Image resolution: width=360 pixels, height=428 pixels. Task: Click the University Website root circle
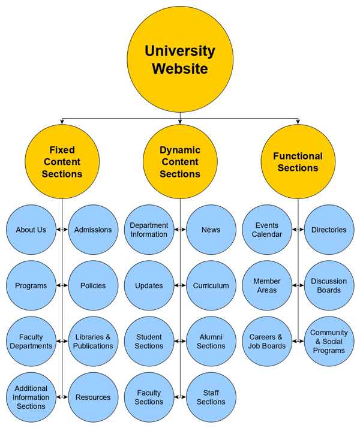[180, 59]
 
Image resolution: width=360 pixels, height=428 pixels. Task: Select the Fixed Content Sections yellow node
[62, 162]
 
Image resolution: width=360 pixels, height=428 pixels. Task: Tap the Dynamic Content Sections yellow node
[180, 162]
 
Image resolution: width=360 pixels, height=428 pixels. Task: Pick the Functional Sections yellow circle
[298, 162]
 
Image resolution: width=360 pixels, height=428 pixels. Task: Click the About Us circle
[31, 230]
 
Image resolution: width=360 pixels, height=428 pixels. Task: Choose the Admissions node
[93, 230]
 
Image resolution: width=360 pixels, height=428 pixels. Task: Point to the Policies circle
[93, 286]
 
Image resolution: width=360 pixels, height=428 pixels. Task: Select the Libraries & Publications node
[93, 342]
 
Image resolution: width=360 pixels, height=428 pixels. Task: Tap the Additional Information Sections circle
[31, 397]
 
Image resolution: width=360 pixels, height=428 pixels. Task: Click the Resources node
[93, 397]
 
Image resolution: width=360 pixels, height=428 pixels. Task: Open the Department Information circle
[149, 230]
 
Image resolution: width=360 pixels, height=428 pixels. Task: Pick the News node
[211, 230]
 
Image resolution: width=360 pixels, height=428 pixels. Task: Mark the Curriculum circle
[211, 286]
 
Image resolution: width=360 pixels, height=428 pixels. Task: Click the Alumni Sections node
[211, 342]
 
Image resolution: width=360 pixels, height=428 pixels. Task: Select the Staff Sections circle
[211, 397]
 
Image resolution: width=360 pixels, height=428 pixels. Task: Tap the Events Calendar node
[267, 230]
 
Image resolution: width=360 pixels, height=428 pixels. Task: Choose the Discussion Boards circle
[329, 286]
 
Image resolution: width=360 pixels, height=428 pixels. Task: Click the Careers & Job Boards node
[267, 342]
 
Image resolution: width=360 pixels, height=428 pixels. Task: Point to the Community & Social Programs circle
[329, 342]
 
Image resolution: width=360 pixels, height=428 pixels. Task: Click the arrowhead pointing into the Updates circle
[176, 286]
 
